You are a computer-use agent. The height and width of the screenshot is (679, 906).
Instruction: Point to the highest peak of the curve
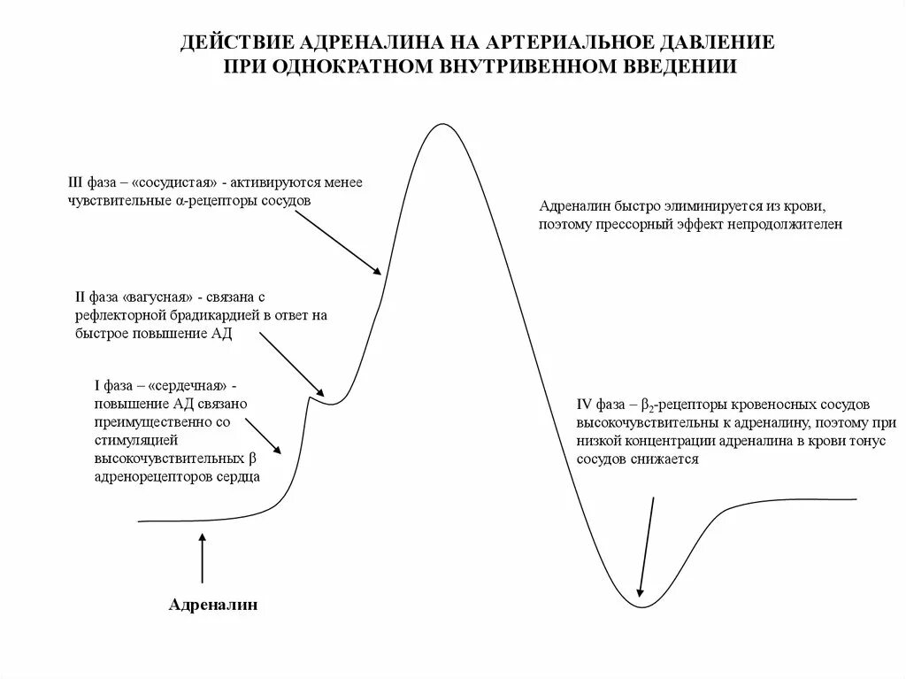click(x=440, y=125)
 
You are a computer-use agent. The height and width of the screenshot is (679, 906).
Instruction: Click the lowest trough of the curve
click(x=645, y=606)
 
